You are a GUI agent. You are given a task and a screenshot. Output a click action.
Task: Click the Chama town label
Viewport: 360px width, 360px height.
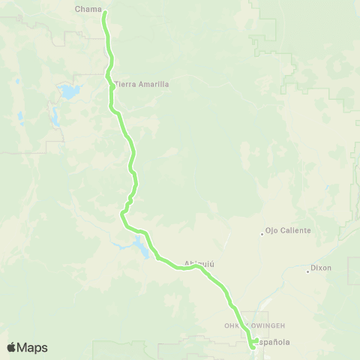tap(88, 10)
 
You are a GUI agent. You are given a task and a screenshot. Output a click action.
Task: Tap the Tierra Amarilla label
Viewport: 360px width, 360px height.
tap(142, 84)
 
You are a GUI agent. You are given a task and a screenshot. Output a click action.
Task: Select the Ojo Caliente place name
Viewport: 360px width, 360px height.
tap(288, 231)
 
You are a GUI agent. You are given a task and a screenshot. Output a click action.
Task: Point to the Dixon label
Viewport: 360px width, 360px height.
tap(321, 268)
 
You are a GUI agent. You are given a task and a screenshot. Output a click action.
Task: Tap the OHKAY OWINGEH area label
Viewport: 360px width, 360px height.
tap(246, 325)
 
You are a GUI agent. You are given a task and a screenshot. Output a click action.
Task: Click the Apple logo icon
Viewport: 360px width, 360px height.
tap(12, 347)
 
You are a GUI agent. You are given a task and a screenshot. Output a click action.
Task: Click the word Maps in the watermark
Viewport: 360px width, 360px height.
tap(33, 347)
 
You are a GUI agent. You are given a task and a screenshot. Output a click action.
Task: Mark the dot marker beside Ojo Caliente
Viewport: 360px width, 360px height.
tap(262, 232)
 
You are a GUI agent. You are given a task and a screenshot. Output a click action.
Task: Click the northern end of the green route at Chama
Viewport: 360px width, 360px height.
tap(104, 13)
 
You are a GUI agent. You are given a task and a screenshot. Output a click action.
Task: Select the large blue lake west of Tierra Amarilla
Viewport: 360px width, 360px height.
tap(69, 93)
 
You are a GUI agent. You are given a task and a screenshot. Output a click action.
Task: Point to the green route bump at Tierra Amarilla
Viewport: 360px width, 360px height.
tap(112, 85)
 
